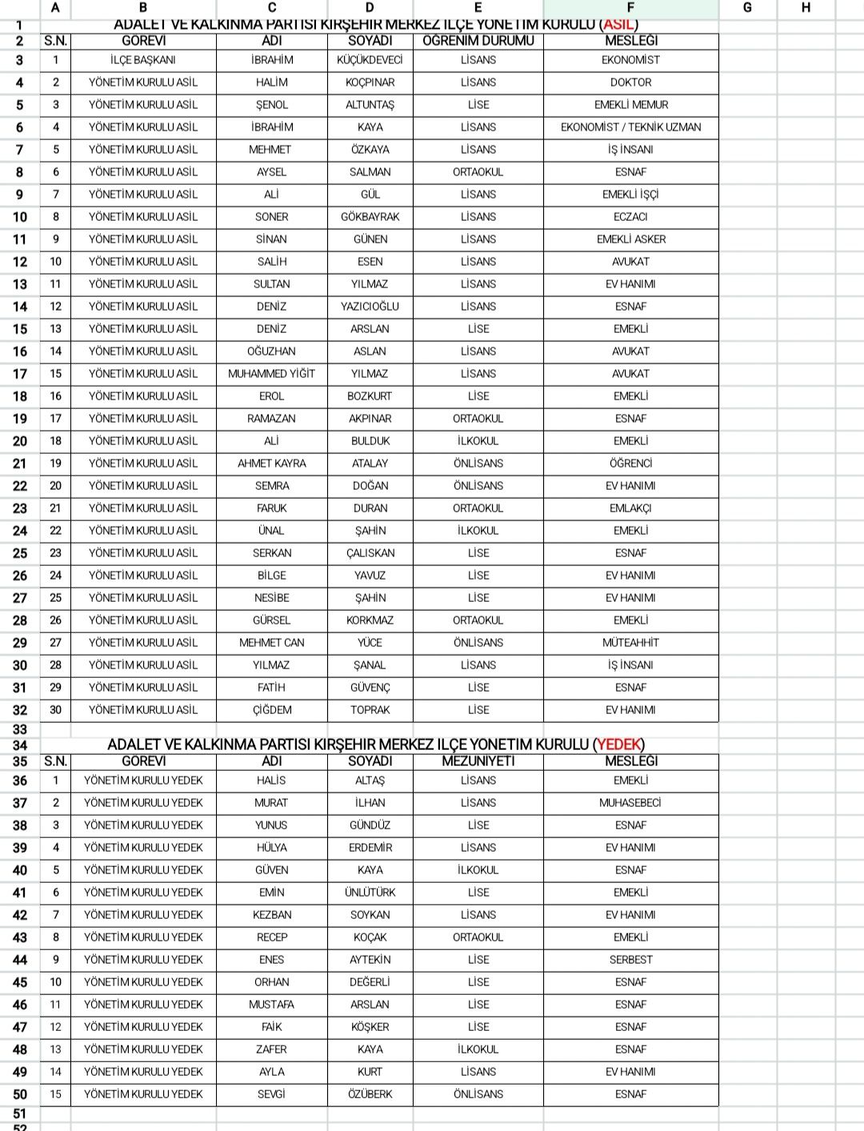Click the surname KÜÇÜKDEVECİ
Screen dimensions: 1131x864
tap(370, 60)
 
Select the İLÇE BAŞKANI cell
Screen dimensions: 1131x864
tap(143, 60)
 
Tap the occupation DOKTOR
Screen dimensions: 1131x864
tap(630, 82)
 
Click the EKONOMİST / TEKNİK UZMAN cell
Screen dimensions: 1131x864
tap(630, 127)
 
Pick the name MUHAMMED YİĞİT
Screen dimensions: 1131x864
tap(271, 374)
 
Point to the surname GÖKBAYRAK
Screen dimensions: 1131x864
tap(370, 217)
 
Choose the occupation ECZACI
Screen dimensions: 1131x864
tap(630, 217)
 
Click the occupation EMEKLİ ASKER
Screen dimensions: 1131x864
tap(630, 239)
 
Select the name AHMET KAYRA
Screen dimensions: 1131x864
tap(271, 463)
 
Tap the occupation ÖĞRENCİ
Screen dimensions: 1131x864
tap(630, 463)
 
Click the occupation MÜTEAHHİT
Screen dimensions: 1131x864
tap(630, 643)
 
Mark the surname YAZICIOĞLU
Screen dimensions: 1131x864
tap(370, 307)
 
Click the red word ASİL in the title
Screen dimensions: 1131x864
tap(618, 25)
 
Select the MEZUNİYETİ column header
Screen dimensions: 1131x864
tap(478, 761)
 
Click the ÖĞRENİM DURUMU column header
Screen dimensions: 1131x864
tap(478, 41)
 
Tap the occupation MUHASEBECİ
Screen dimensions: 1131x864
tap(630, 803)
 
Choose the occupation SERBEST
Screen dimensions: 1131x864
tap(630, 960)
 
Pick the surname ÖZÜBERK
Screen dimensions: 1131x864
tap(370, 1094)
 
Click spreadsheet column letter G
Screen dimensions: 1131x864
tap(747, 8)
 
